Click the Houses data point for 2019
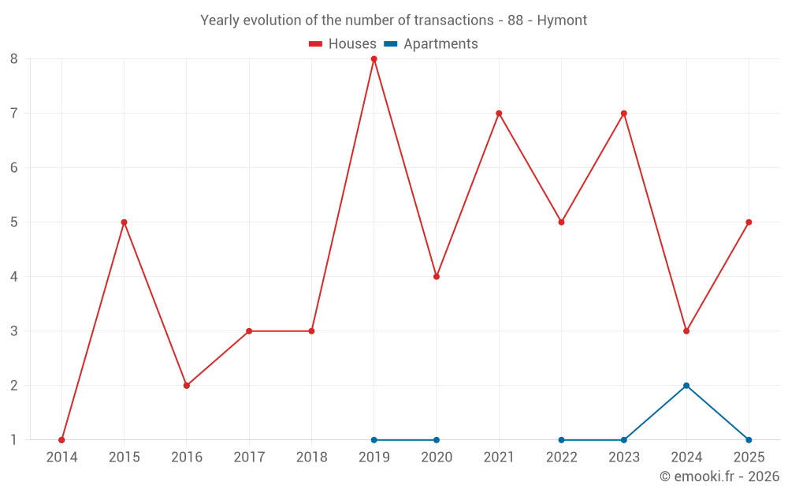tap(374, 59)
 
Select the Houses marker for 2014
tap(61, 440)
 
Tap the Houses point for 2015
tap(124, 222)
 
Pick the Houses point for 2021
tap(499, 114)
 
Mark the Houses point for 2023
tap(624, 114)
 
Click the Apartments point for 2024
tap(686, 386)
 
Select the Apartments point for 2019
tap(374, 440)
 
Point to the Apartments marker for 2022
tap(561, 440)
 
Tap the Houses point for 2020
tap(437, 277)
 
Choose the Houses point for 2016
tap(187, 386)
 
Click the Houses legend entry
tap(343, 44)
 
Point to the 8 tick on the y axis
tap(14, 59)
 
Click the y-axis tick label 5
tap(14, 222)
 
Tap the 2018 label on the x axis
tap(311, 458)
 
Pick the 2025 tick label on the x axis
tap(749, 458)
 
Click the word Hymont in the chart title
tap(562, 21)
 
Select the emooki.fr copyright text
tap(719, 476)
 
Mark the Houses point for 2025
tap(749, 222)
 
